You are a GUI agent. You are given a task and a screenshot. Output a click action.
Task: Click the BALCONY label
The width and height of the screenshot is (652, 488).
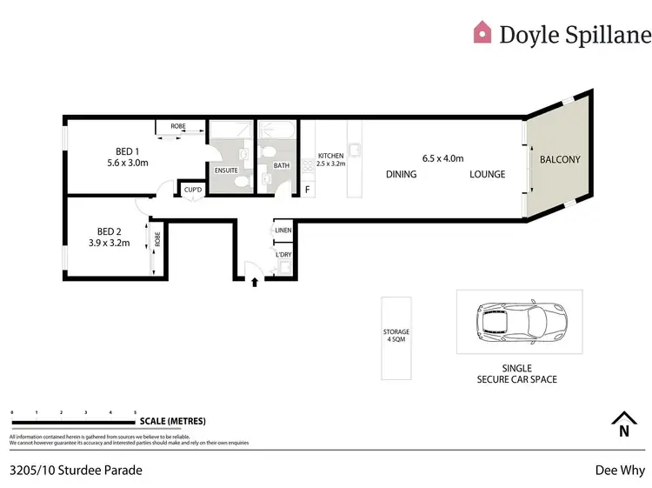click(560, 159)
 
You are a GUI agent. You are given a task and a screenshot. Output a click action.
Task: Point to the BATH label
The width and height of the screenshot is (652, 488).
click(282, 165)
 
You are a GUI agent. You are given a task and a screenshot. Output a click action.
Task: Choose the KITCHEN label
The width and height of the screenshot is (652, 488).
click(330, 156)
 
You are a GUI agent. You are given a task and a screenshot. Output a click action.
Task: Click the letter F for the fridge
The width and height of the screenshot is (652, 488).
click(306, 190)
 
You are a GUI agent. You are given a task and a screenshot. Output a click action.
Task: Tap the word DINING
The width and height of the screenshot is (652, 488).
click(402, 174)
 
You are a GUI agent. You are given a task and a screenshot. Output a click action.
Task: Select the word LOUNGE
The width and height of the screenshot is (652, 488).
click(487, 174)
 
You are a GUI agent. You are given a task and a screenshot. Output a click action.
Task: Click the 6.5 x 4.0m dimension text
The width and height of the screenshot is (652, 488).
click(442, 158)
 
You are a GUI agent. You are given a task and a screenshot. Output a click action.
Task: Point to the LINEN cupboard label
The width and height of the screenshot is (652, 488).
click(283, 231)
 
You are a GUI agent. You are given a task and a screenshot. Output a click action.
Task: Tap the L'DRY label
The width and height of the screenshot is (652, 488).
click(283, 254)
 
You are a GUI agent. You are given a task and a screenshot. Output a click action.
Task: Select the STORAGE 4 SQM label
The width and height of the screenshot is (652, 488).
click(396, 336)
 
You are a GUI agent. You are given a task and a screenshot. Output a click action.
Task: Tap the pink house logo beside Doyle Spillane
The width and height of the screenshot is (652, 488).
click(482, 33)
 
